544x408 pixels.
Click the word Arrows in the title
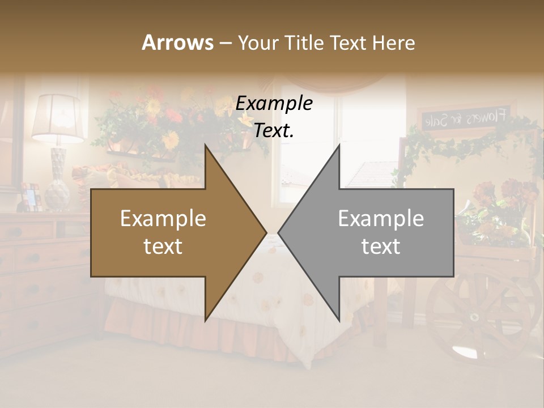click(178, 42)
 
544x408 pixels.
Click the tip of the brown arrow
click(265, 232)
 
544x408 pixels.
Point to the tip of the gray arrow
click(279, 232)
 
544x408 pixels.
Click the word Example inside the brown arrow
click(163, 219)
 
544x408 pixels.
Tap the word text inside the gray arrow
click(381, 246)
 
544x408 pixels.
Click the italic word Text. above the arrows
click(274, 131)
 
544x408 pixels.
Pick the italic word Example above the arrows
click(274, 103)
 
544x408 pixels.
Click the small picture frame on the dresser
click(30, 195)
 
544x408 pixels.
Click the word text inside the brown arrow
click(163, 246)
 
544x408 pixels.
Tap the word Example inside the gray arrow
click(381, 219)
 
